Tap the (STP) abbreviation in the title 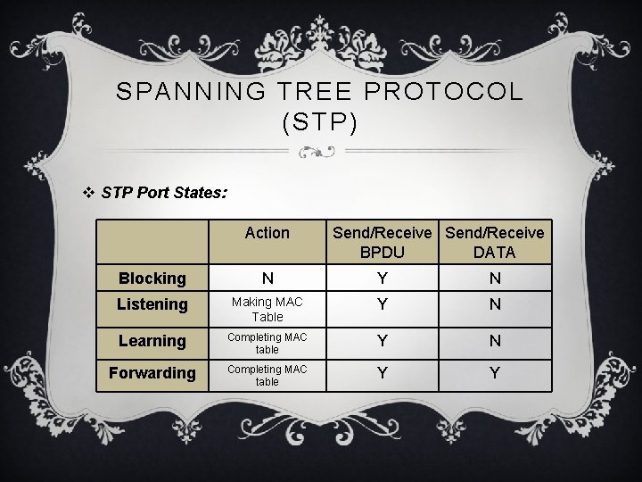pos(320,122)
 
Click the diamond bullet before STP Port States pos(86,192)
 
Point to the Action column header pos(267,233)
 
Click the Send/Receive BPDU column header pos(383,242)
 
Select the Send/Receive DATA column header pos(494,242)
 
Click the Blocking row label pos(152,278)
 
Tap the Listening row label pos(152,304)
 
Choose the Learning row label pos(152,340)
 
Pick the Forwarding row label pos(152,373)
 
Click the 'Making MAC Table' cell pos(267,310)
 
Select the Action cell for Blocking pos(267,278)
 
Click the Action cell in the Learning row pos(267,344)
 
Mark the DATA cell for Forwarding pos(494,373)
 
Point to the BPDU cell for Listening pos(383,305)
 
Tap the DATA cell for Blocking pos(494,278)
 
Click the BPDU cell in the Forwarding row pos(383,373)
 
